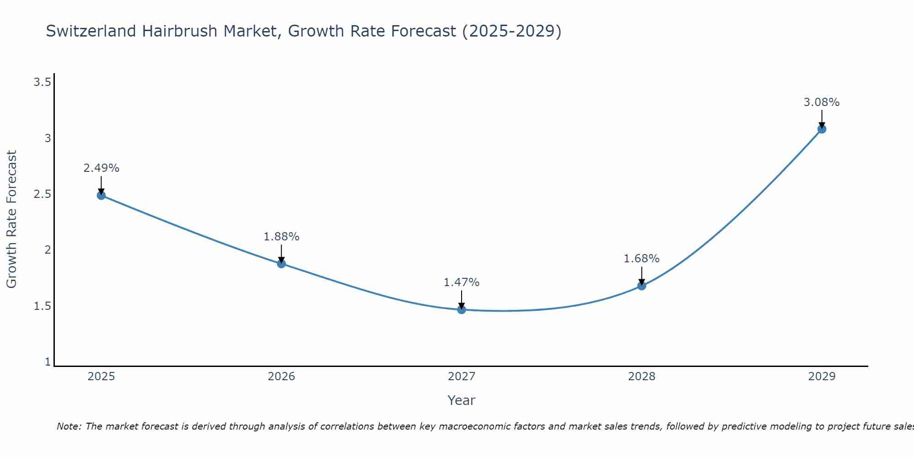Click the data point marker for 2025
pyautogui.click(x=101, y=196)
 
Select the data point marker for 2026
pyautogui.click(x=281, y=264)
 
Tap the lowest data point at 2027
pyautogui.click(x=462, y=309)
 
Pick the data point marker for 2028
pyautogui.click(x=642, y=286)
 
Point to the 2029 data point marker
pyautogui.click(x=822, y=129)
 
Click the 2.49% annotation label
pyautogui.click(x=101, y=168)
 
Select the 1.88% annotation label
pyautogui.click(x=281, y=237)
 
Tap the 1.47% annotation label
pyautogui.click(x=462, y=282)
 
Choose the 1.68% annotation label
pyautogui.click(x=642, y=259)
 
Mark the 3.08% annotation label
pyautogui.click(x=822, y=102)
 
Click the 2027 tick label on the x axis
pyautogui.click(x=462, y=377)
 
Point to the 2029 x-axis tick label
pyautogui.click(x=822, y=377)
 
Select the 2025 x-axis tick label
pyautogui.click(x=101, y=377)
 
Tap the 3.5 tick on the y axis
pyautogui.click(x=42, y=82)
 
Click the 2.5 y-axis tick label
pyautogui.click(x=42, y=194)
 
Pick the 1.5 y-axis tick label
pyautogui.click(x=42, y=306)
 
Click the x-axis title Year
pyautogui.click(x=462, y=400)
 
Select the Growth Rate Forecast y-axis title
pyautogui.click(x=11, y=219)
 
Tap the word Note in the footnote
pyautogui.click(x=69, y=426)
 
